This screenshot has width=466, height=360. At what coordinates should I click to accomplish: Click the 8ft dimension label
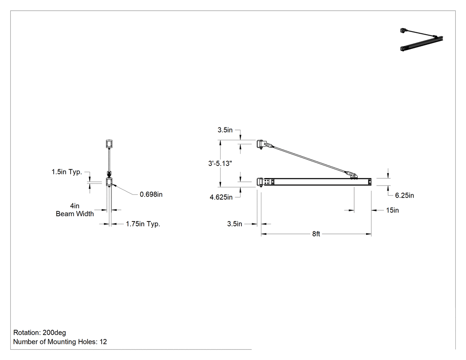[x=316, y=234]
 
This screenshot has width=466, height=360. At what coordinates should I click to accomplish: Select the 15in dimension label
[x=392, y=210]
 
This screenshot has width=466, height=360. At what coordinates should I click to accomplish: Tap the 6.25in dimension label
[x=404, y=195]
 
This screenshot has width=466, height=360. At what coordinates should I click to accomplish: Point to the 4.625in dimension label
[x=221, y=197]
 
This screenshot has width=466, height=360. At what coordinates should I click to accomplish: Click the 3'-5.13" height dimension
[x=220, y=163]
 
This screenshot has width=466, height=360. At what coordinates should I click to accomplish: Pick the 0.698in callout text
[x=151, y=194]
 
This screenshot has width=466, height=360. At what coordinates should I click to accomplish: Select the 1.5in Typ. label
[x=67, y=172]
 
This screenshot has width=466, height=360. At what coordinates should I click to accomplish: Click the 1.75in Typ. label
[x=143, y=224]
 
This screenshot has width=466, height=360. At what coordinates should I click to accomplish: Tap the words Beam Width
[x=75, y=214]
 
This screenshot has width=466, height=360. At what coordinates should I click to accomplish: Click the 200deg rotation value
[x=55, y=332]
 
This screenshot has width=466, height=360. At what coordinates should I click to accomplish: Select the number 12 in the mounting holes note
[x=103, y=342]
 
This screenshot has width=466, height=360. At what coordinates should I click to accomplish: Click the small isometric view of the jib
[x=422, y=40]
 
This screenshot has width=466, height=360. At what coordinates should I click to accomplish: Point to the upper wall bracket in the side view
[x=261, y=144]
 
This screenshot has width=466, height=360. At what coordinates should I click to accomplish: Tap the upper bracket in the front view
[x=109, y=144]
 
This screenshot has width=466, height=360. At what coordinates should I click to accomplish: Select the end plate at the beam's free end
[x=370, y=182]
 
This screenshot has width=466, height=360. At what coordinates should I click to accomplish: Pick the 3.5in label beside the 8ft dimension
[x=234, y=224]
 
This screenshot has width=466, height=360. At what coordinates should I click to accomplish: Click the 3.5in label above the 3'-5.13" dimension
[x=225, y=130]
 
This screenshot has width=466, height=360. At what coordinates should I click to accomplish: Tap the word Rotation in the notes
[x=27, y=332]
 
